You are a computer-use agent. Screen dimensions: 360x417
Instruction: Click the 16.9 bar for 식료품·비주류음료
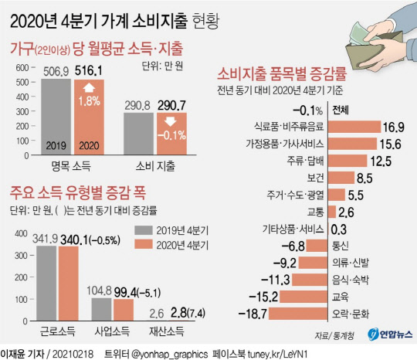click(354, 126)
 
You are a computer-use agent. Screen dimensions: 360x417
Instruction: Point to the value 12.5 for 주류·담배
click(381, 161)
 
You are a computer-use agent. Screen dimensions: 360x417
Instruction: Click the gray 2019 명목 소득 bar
click(56, 116)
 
